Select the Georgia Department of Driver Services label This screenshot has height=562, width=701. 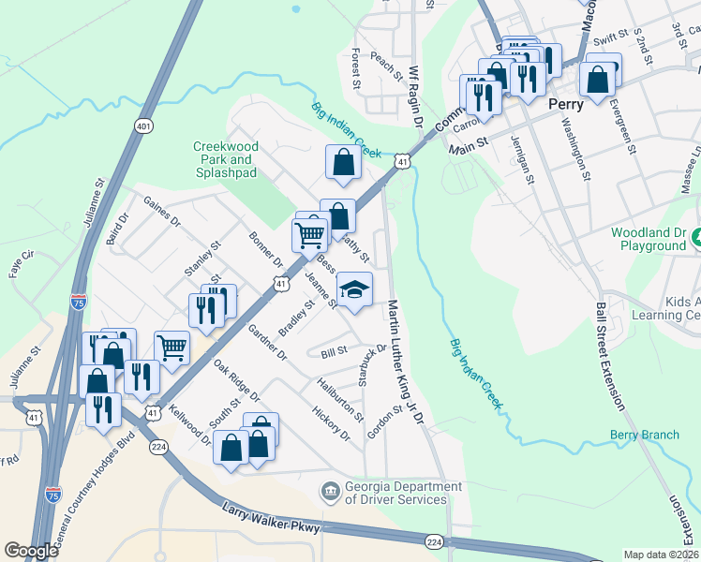[x=393, y=493]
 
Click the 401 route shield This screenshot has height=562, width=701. [x=143, y=126]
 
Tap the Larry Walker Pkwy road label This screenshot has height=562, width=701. [x=272, y=519]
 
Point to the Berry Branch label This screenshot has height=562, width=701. [x=644, y=435]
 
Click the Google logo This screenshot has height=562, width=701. [x=31, y=551]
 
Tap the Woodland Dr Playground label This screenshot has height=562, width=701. [x=649, y=239]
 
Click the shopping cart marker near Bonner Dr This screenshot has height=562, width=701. [x=309, y=234]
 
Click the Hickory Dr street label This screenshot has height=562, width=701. [x=332, y=423]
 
